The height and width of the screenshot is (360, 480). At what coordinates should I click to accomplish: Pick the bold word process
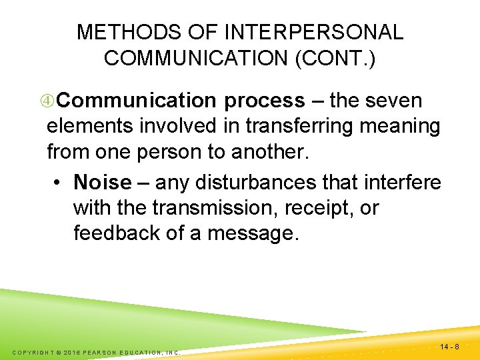(x=264, y=101)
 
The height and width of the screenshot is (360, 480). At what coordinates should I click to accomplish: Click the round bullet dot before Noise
(x=60, y=182)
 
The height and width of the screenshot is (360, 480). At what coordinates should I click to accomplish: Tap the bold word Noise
(x=103, y=181)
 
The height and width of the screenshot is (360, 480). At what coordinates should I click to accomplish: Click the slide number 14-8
(x=450, y=347)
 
